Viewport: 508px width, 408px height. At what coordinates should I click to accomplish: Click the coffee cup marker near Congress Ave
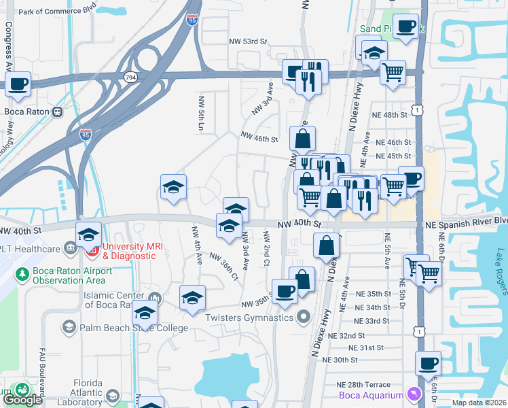click(x=18, y=84)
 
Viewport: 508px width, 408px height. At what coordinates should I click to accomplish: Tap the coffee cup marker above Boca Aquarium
click(x=428, y=363)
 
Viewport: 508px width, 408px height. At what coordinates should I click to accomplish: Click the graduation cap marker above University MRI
click(x=88, y=234)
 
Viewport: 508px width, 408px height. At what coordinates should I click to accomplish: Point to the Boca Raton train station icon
click(x=57, y=111)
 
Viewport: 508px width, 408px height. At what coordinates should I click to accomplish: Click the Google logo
click(x=22, y=400)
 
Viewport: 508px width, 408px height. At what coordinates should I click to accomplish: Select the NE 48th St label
click(x=389, y=115)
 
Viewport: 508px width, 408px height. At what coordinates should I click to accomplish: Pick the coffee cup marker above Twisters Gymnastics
click(x=285, y=291)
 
